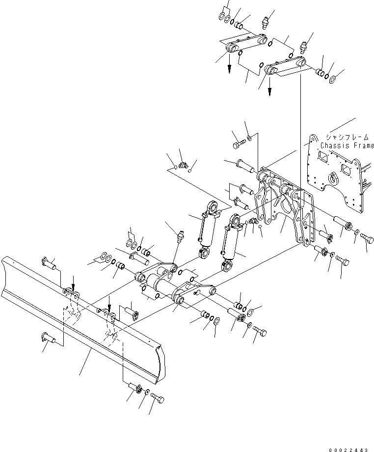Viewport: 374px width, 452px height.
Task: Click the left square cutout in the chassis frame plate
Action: click(x=323, y=157)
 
